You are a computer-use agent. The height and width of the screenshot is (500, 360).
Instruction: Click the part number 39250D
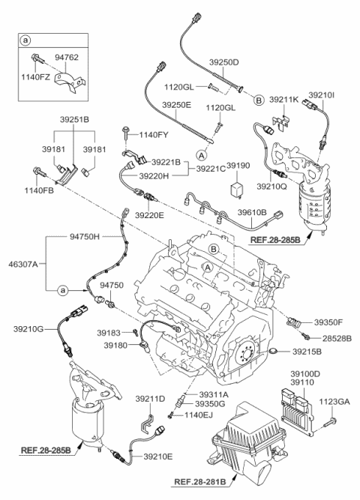(223, 62)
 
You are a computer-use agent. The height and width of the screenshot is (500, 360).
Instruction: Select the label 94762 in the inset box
(67, 58)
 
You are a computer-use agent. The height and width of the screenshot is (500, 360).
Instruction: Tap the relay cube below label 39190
(236, 188)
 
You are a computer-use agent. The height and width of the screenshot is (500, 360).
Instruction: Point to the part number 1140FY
(153, 135)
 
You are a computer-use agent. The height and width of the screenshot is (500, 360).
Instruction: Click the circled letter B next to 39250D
(259, 100)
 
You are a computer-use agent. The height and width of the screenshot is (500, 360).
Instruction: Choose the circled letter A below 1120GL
(201, 155)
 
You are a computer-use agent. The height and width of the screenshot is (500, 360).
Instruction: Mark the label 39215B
(307, 352)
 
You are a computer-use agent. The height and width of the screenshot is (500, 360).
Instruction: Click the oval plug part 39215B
(274, 352)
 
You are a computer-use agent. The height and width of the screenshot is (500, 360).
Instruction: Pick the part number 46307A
(23, 264)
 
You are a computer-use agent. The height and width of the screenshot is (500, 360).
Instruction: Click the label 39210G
(28, 329)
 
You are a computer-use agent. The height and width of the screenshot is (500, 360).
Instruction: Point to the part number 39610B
(252, 211)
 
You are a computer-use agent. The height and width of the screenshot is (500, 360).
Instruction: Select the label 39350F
(328, 322)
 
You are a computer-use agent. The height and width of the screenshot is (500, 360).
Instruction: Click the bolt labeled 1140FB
(40, 172)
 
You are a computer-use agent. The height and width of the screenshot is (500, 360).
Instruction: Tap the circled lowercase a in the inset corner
(25, 40)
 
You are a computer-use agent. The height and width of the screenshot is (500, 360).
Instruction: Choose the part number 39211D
(150, 399)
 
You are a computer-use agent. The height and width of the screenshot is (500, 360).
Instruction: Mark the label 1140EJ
(198, 415)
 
